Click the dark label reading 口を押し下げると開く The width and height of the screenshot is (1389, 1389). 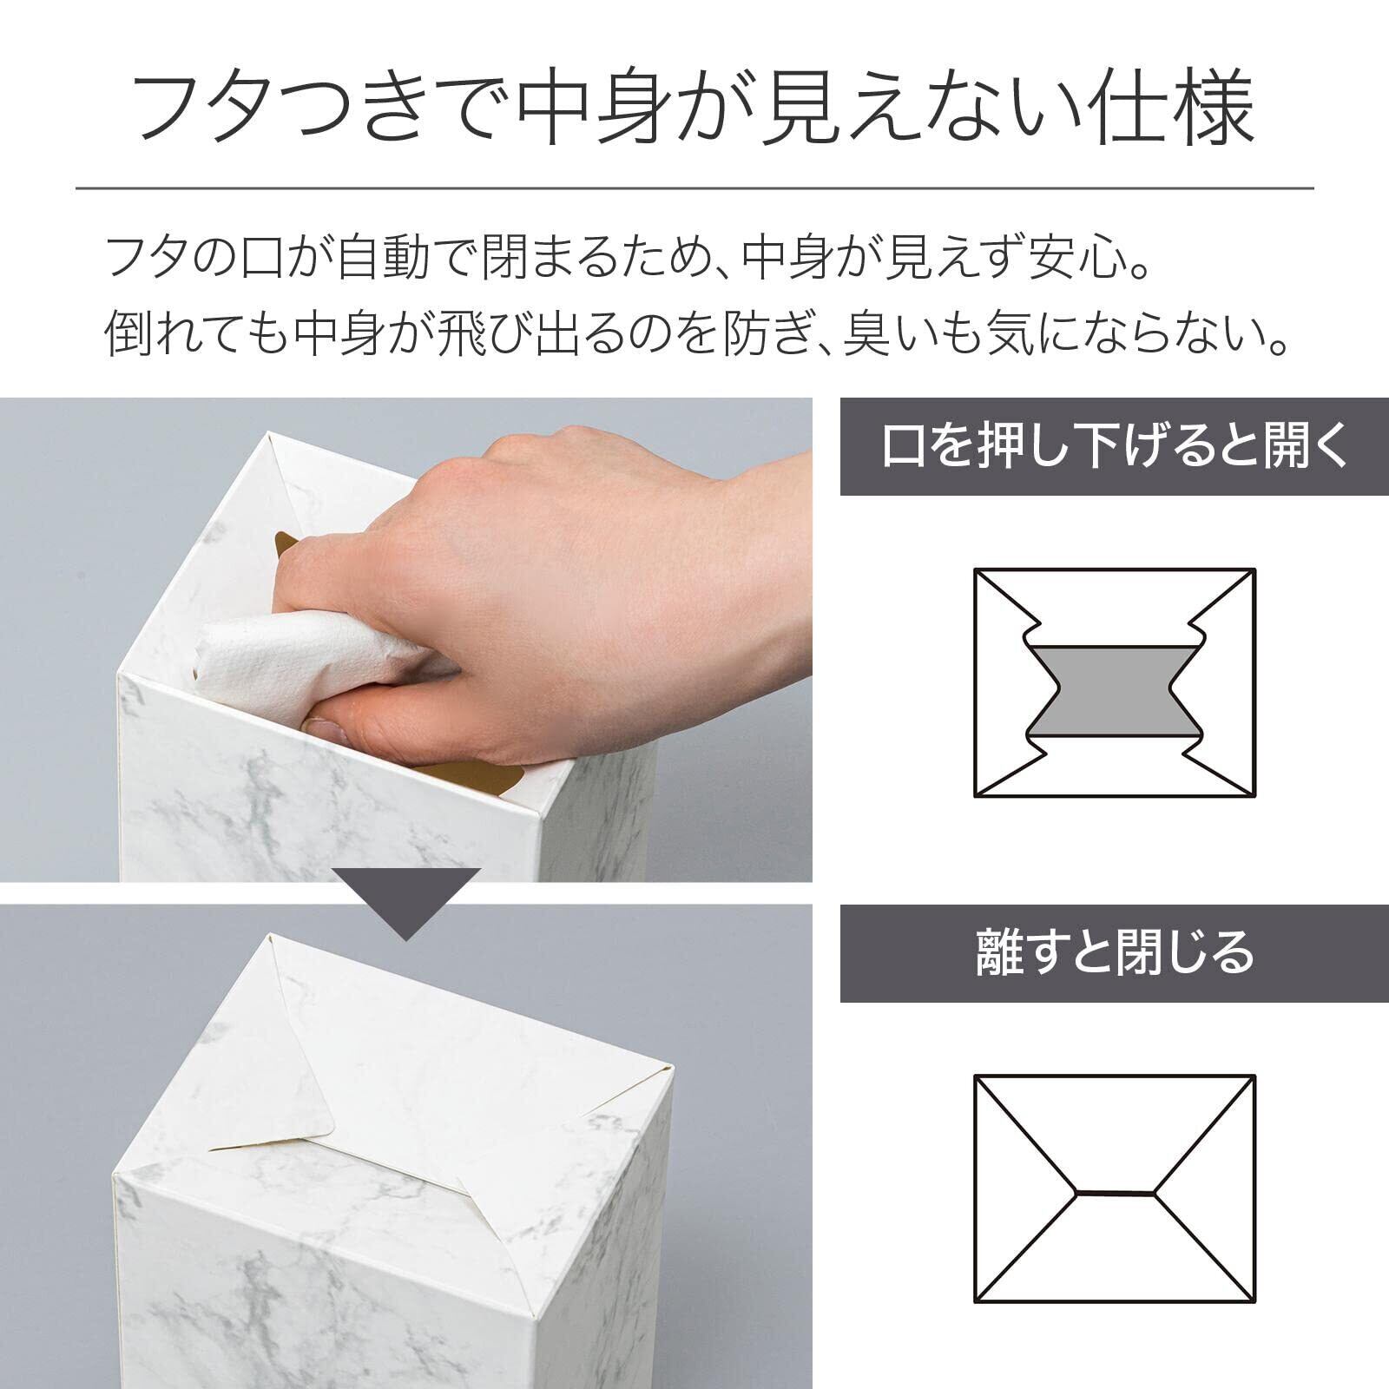pyautogui.click(x=1115, y=446)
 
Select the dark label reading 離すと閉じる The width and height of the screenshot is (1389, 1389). pyautogui.click(x=1115, y=953)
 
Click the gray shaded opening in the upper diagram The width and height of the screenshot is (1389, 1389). pyautogui.click(x=1115, y=690)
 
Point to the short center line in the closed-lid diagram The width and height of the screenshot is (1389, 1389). pyautogui.click(x=1115, y=1193)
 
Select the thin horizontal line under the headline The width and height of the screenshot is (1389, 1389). pyautogui.click(x=694, y=188)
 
